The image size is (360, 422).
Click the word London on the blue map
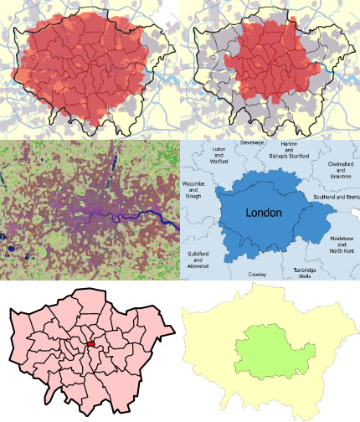[x=264, y=214]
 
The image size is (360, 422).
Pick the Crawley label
[x=257, y=274]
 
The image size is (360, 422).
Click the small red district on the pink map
[x=90, y=344]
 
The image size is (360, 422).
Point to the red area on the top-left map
[x=84, y=71]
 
